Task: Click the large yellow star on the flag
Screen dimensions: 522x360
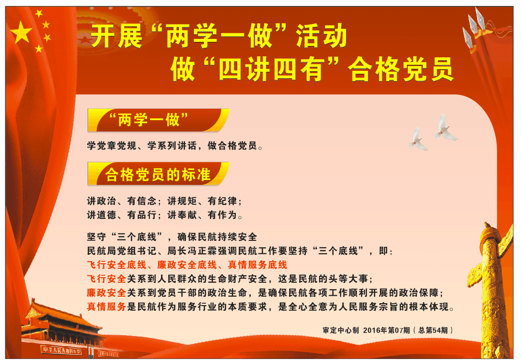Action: (x=21, y=32)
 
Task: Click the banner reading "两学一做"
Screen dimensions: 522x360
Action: (x=158, y=120)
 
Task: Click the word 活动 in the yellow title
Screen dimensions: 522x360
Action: (x=321, y=36)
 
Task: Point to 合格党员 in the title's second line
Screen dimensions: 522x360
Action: (x=401, y=69)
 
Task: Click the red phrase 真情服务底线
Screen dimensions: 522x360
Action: (x=257, y=265)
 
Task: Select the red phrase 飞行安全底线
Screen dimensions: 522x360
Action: (x=117, y=265)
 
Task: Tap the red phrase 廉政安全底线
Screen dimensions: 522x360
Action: (x=187, y=265)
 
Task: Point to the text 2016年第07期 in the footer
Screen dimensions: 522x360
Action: (x=386, y=330)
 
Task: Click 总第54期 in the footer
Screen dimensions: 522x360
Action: (x=433, y=330)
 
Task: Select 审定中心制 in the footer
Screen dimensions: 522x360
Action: (x=341, y=330)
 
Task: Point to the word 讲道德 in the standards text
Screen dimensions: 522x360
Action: (x=102, y=215)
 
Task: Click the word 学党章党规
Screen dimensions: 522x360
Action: (x=112, y=146)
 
